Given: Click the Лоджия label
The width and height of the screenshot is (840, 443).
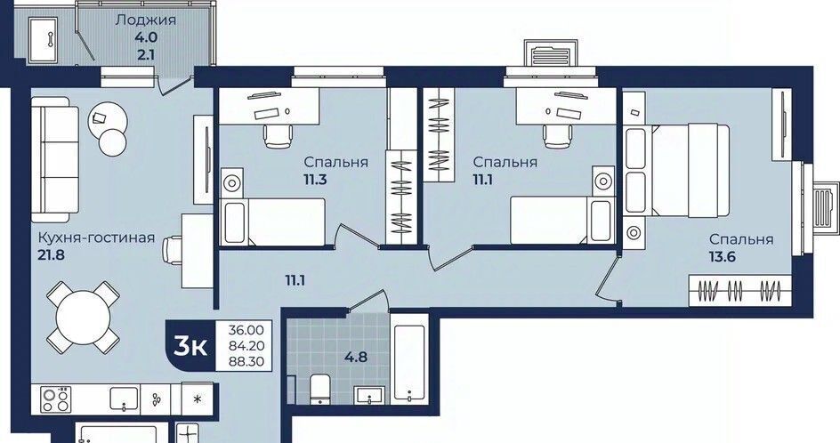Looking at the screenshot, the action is (146, 20).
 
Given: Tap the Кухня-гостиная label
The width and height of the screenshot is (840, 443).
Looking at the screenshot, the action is (96, 238).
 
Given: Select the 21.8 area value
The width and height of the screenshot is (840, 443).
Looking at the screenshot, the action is (52, 255).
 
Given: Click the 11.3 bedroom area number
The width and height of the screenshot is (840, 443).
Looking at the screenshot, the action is (315, 180).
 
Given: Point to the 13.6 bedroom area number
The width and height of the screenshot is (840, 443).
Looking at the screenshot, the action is (723, 256).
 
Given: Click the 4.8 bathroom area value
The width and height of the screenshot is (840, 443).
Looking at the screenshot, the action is (356, 356).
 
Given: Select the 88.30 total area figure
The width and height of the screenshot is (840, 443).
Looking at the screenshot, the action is (246, 361).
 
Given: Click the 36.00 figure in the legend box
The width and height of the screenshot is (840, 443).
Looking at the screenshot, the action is (246, 329).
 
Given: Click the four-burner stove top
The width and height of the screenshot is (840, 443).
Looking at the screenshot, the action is (56, 399).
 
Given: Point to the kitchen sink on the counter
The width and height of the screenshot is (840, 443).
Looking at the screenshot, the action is (125, 399).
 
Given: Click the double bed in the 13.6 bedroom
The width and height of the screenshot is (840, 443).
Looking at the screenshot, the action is (676, 170).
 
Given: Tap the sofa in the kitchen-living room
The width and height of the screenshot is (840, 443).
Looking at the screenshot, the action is (54, 159).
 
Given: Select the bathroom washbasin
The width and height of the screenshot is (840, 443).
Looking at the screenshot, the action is (369, 395).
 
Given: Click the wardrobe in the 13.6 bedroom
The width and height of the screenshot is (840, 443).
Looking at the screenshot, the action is (739, 291).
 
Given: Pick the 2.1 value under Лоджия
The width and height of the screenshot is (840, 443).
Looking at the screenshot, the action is (146, 54).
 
